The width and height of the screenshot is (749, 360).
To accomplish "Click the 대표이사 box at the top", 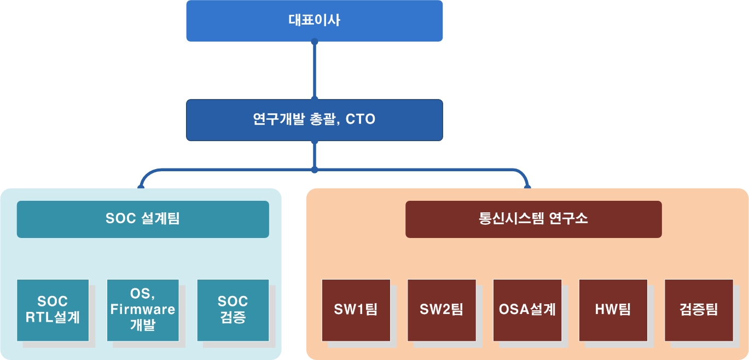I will pos(314,21).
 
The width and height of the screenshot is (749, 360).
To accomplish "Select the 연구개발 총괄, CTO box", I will pos(314,120).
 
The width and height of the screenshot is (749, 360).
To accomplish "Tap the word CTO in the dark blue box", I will pos(361,120).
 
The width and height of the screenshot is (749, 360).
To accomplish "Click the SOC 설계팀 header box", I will pos(143,219).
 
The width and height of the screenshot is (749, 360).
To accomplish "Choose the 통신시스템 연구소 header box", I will pos(533,219).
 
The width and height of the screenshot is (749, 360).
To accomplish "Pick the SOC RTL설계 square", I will pos(53,310).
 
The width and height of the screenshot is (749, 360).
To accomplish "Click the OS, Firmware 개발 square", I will pos(143,310).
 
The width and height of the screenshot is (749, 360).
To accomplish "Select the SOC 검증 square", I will pos(233,310).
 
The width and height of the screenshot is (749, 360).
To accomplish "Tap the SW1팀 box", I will pos(356,310).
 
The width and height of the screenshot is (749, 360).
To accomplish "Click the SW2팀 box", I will pos(442,310).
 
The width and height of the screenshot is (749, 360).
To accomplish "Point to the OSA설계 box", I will pos(527,310).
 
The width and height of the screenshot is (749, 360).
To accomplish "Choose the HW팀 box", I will pos(613,310).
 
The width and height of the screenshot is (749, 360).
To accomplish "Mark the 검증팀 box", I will pos(699,310).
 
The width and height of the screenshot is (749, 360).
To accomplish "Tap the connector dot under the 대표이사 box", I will pos(314,42).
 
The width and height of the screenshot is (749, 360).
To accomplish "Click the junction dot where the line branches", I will pos(314,170).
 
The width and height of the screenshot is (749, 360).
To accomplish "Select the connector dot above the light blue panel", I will pos(141,187).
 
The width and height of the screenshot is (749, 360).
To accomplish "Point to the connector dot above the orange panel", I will pos(527,187).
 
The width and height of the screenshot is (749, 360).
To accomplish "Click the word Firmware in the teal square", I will pos(143,310).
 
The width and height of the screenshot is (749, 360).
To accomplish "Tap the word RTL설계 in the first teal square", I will pos(53,317).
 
